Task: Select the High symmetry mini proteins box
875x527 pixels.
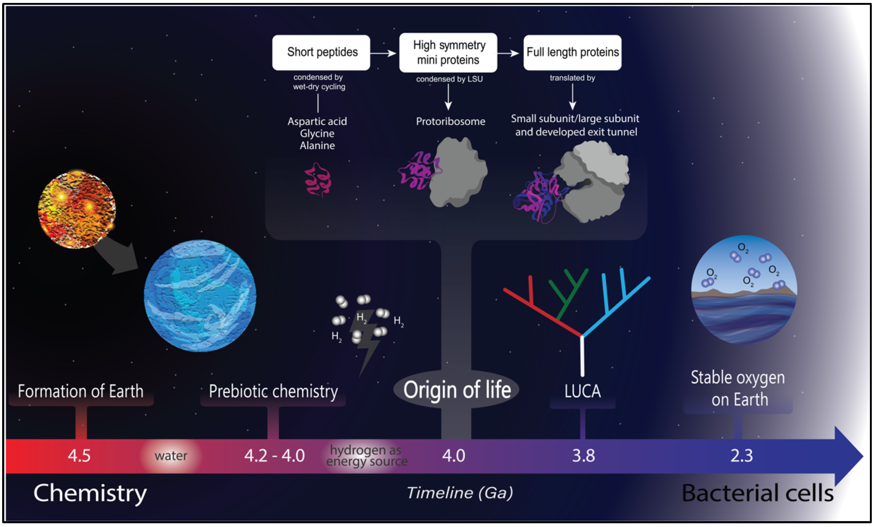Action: point(448,52)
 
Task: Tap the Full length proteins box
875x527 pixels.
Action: point(572,52)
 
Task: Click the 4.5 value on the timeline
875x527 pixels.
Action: point(79,456)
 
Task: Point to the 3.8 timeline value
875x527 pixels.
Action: point(583,456)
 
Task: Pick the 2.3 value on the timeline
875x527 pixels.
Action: point(741,456)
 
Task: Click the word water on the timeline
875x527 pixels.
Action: point(171,456)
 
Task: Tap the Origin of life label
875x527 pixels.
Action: point(456,390)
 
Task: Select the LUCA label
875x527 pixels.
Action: point(583,391)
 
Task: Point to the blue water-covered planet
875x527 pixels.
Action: point(200,296)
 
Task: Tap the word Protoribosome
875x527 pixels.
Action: point(450,122)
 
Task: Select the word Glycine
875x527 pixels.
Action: point(317,134)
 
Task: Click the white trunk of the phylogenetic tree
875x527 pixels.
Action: point(582,355)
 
